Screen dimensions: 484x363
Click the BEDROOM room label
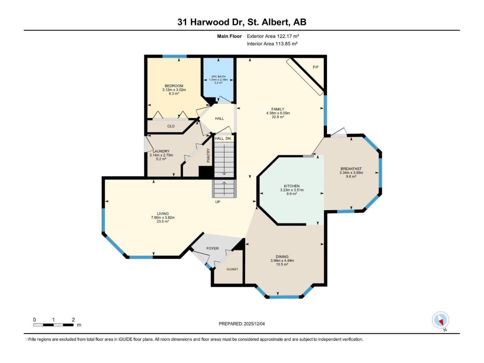pos(174,86)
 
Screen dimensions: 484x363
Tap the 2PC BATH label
pos(218,76)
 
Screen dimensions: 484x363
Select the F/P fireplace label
pos(315,67)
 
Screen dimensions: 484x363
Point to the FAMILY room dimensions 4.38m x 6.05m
pos(278,113)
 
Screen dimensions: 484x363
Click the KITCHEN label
pos(292,186)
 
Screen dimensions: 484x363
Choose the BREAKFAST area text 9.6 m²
pos(351,177)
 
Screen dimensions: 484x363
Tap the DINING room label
pos(282,256)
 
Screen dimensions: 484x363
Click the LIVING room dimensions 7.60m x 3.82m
pos(163,217)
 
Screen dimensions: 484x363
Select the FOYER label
pos(213,248)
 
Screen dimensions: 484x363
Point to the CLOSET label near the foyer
pos(232,269)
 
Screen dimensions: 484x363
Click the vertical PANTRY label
pos(208,155)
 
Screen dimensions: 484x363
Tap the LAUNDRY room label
pos(161,151)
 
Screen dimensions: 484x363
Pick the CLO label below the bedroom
pos(171,126)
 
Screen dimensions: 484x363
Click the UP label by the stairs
pos(218,202)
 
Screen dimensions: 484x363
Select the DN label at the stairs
pos(228,138)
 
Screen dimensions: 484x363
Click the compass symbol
pos(441,320)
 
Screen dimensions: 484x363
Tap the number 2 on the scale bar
pos(73,320)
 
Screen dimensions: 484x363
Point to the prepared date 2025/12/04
pos(254,324)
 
